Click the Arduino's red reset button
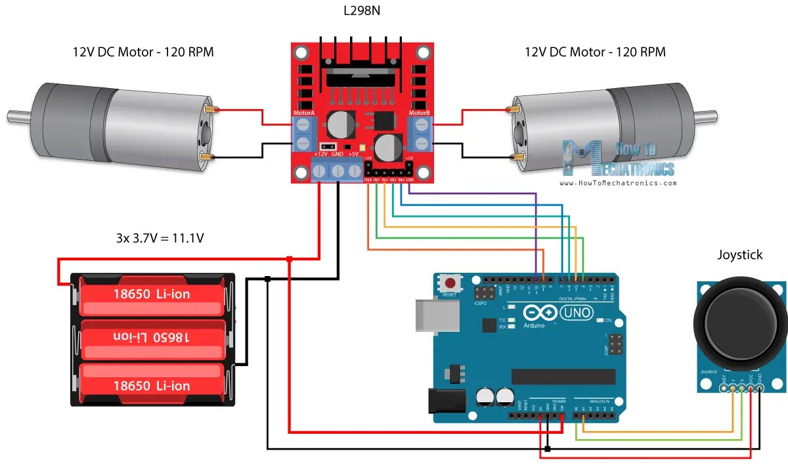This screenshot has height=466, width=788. tap(450, 284)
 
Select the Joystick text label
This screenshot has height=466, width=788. tap(739, 255)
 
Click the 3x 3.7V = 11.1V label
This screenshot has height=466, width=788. tap(160, 238)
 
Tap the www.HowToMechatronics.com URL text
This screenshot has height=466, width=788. tap(617, 183)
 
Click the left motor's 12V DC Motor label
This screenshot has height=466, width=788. tap(142, 52)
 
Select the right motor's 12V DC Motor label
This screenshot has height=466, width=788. tap(595, 52)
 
